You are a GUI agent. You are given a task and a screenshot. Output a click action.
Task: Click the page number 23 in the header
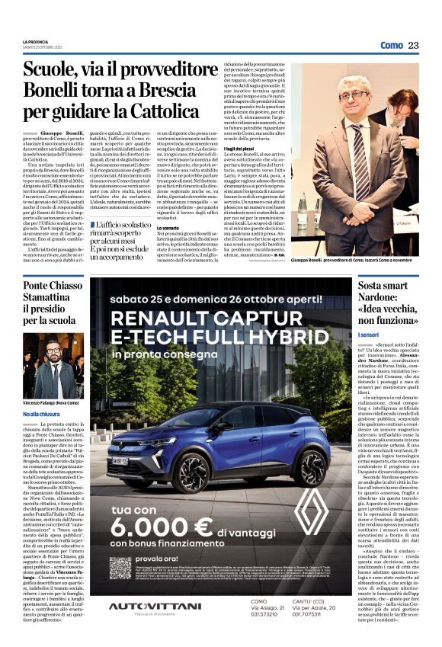click(413, 46)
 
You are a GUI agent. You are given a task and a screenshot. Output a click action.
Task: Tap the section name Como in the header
click(392, 46)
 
